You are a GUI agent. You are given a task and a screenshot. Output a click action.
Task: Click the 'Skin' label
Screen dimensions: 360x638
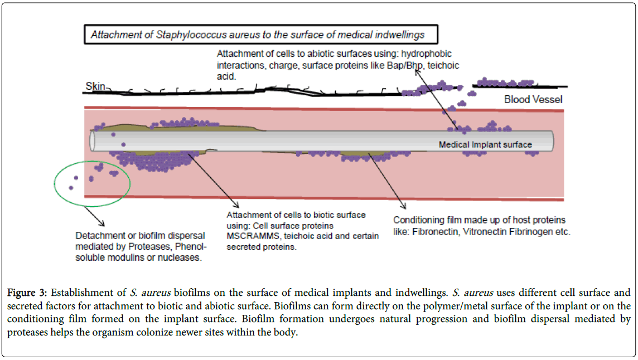[95, 86]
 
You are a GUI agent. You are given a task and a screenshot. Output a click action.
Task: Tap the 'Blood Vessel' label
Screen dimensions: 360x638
[533, 100]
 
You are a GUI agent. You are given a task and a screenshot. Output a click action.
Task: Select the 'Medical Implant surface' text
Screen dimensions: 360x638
[485, 145]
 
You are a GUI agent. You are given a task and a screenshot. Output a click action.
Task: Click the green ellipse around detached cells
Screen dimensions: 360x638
[92, 182]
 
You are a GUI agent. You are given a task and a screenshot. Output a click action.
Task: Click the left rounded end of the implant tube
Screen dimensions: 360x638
[93, 140]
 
